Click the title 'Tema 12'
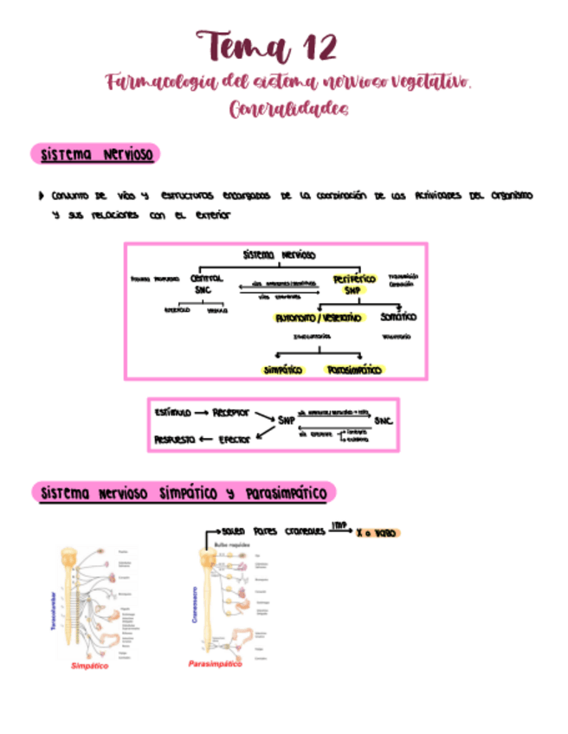[x=267, y=45]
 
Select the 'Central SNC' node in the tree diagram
[x=205, y=284]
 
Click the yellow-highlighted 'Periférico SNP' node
[x=353, y=284]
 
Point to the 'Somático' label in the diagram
[x=397, y=317]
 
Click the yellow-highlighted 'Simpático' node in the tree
[x=282, y=370]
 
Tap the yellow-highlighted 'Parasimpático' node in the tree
[x=354, y=370]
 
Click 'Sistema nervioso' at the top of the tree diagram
[x=279, y=255]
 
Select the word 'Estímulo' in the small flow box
[x=171, y=412]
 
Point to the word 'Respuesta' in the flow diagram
[x=176, y=439]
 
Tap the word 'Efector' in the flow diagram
[x=232, y=439]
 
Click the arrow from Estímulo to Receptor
[x=198, y=413]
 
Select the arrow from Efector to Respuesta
[x=207, y=439]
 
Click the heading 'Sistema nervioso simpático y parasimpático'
[x=183, y=493]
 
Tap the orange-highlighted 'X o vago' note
[x=376, y=533]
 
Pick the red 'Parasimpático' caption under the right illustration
[x=215, y=663]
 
